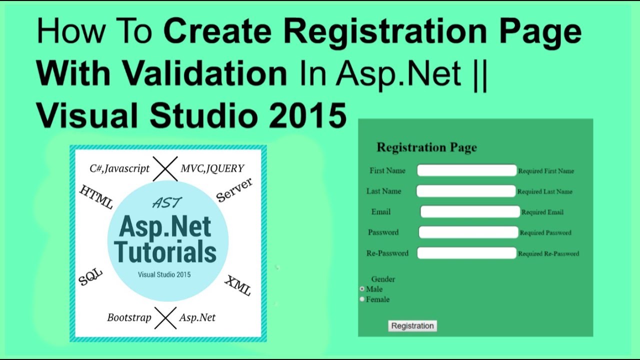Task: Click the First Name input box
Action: [x=466, y=170]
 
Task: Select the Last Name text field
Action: [x=465, y=191]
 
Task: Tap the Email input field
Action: [x=470, y=212]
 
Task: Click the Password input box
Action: [x=468, y=232]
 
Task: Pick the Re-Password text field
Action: [x=466, y=253]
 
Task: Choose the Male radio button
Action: [x=362, y=289]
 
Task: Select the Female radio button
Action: [x=362, y=299]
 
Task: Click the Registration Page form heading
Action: [x=426, y=147]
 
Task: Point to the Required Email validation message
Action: [x=542, y=212]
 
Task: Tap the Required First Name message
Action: [x=546, y=171]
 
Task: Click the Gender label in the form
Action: [x=383, y=279]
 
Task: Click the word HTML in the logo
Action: [x=96, y=197]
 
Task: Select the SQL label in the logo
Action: [x=90, y=276]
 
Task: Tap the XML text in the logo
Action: [x=237, y=285]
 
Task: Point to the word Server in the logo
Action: [x=234, y=190]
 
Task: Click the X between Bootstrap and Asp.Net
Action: [x=165, y=318]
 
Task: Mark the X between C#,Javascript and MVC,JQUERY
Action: [x=165, y=168]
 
